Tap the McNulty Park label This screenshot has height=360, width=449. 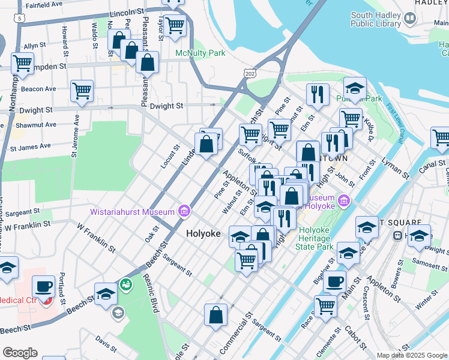200,53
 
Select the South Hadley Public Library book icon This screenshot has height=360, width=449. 410,19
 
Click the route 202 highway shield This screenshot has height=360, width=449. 249,72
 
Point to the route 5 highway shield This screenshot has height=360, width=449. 22,19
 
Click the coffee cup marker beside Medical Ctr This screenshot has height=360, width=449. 43,287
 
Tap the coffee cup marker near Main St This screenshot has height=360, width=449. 334,281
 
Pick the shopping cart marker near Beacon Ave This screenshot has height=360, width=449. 82,91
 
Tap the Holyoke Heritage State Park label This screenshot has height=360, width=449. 324,238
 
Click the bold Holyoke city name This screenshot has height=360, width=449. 203,233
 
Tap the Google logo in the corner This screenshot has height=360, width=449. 19,353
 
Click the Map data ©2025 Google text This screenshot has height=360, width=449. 412,355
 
